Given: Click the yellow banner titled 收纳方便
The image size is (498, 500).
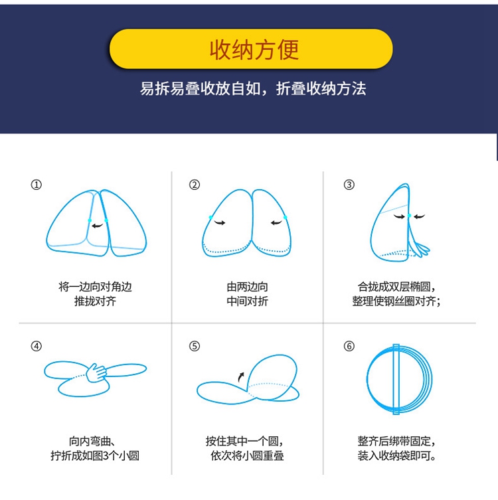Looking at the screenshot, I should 251,49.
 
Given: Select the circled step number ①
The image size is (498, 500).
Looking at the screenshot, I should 37,185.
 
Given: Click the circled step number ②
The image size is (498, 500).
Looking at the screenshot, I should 195,185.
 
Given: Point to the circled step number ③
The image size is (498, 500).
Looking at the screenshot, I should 349,185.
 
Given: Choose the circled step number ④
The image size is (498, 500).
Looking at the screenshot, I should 37,346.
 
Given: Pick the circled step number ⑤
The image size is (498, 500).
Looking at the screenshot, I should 195,346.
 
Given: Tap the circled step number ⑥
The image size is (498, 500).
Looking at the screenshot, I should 349,346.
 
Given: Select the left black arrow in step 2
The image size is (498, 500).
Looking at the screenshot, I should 220,223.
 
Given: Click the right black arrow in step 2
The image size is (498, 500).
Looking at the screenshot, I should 276,223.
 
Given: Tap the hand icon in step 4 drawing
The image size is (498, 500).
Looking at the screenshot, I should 99,373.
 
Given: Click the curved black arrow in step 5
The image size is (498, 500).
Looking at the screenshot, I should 240,376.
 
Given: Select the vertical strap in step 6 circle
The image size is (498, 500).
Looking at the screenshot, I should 396,380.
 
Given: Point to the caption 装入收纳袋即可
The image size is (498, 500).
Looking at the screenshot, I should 396,456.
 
